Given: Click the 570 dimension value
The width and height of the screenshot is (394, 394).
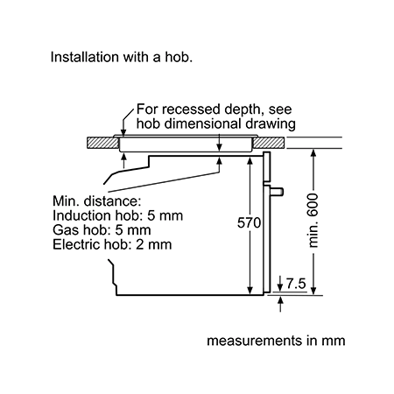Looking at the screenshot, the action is (x=249, y=223).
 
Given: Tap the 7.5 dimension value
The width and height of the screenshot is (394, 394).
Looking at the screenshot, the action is (x=296, y=284).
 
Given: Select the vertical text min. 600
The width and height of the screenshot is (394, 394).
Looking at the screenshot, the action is (x=313, y=221).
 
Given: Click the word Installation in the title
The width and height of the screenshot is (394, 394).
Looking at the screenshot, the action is (x=85, y=57).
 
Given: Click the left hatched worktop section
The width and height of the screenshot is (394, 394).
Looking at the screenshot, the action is (x=102, y=143).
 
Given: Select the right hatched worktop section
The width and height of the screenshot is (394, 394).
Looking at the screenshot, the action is (x=268, y=143).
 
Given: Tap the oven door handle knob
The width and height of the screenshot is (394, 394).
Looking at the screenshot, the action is (x=277, y=192).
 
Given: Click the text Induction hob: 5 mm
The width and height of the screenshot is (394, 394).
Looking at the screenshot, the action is (x=118, y=215).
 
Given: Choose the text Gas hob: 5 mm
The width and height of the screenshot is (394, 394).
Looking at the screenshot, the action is (x=102, y=230).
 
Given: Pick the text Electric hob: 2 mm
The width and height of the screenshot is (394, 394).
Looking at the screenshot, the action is (x=112, y=244).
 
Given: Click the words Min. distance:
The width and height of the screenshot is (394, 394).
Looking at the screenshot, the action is (x=97, y=201).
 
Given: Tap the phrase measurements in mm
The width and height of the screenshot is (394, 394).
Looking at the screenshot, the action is (x=276, y=341).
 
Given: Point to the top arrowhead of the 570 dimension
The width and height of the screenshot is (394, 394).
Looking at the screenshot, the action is (x=250, y=160).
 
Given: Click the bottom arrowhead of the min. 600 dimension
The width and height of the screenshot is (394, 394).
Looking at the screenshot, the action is (x=313, y=291).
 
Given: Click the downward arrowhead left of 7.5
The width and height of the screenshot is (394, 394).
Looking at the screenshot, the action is (x=280, y=287).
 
